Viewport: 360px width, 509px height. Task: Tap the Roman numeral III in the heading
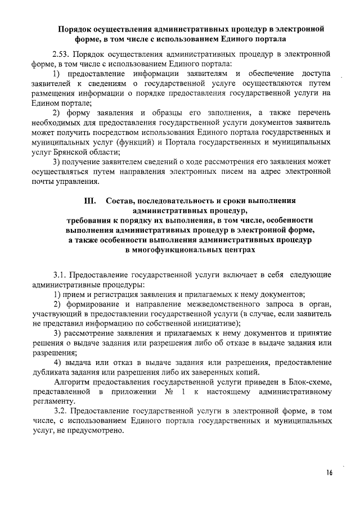point(91,201)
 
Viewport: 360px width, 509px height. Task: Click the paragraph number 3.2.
point(61,412)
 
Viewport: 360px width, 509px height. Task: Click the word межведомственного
point(209,304)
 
